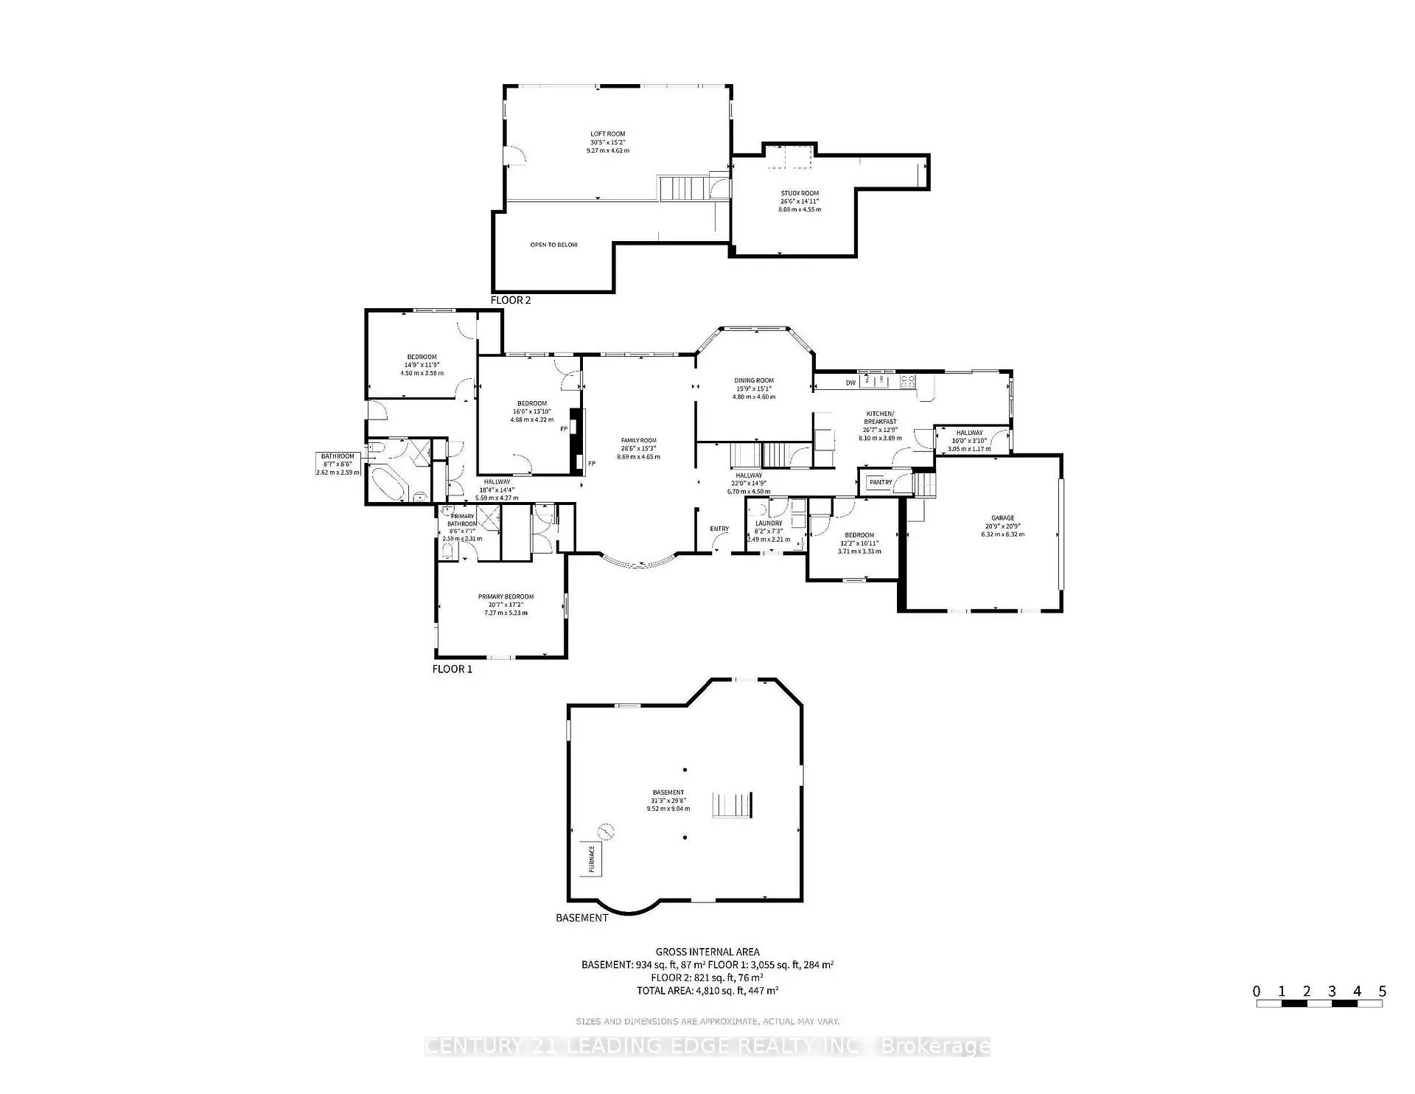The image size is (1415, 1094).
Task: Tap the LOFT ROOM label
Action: tap(607, 134)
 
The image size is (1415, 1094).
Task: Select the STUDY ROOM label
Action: tap(800, 193)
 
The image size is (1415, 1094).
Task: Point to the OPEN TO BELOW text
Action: tap(553, 245)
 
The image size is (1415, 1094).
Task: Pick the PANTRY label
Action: tap(881, 482)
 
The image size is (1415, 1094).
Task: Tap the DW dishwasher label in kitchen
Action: tap(850, 383)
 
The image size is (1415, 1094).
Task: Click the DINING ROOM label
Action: tap(754, 380)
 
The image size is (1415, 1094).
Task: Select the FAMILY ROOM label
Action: tap(638, 441)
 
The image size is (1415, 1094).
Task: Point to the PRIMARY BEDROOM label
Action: tap(506, 596)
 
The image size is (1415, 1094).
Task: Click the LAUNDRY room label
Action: tap(769, 523)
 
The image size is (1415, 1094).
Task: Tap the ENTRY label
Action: tap(719, 529)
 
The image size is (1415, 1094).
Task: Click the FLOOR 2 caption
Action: tap(511, 300)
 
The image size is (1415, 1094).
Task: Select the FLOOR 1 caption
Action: tap(452, 669)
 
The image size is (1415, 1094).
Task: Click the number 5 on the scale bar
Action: tap(1383, 992)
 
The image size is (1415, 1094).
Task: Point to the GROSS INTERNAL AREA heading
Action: tap(707, 952)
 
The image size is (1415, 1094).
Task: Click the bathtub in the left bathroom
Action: tap(383, 485)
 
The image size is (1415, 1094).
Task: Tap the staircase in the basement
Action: tap(733, 804)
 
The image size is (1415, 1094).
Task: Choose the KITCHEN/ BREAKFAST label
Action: tap(880, 417)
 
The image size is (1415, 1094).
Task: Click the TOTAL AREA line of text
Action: tap(707, 991)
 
